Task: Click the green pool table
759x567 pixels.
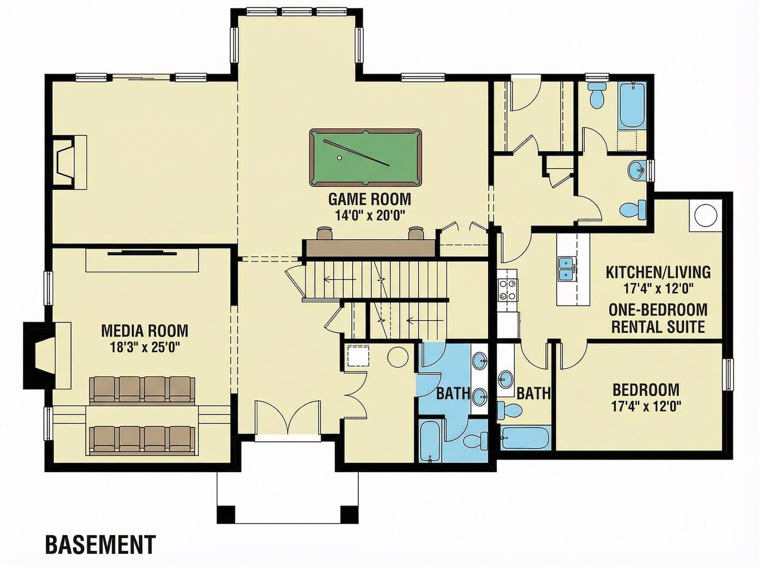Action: tap(365, 158)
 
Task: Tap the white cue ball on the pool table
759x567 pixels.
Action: tap(339, 158)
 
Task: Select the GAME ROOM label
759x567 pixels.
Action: tap(370, 199)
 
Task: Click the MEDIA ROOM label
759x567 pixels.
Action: tap(145, 331)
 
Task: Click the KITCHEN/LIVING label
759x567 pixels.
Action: tap(658, 272)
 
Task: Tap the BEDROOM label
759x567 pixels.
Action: tap(646, 390)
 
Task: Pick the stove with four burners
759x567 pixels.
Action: tap(508, 289)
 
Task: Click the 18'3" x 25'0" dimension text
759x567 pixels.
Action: tap(145, 347)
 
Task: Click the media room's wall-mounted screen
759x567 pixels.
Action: tap(142, 253)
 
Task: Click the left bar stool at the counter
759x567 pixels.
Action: tap(324, 232)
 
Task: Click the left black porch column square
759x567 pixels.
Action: tap(226, 515)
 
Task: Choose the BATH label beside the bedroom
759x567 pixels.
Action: tap(534, 393)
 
